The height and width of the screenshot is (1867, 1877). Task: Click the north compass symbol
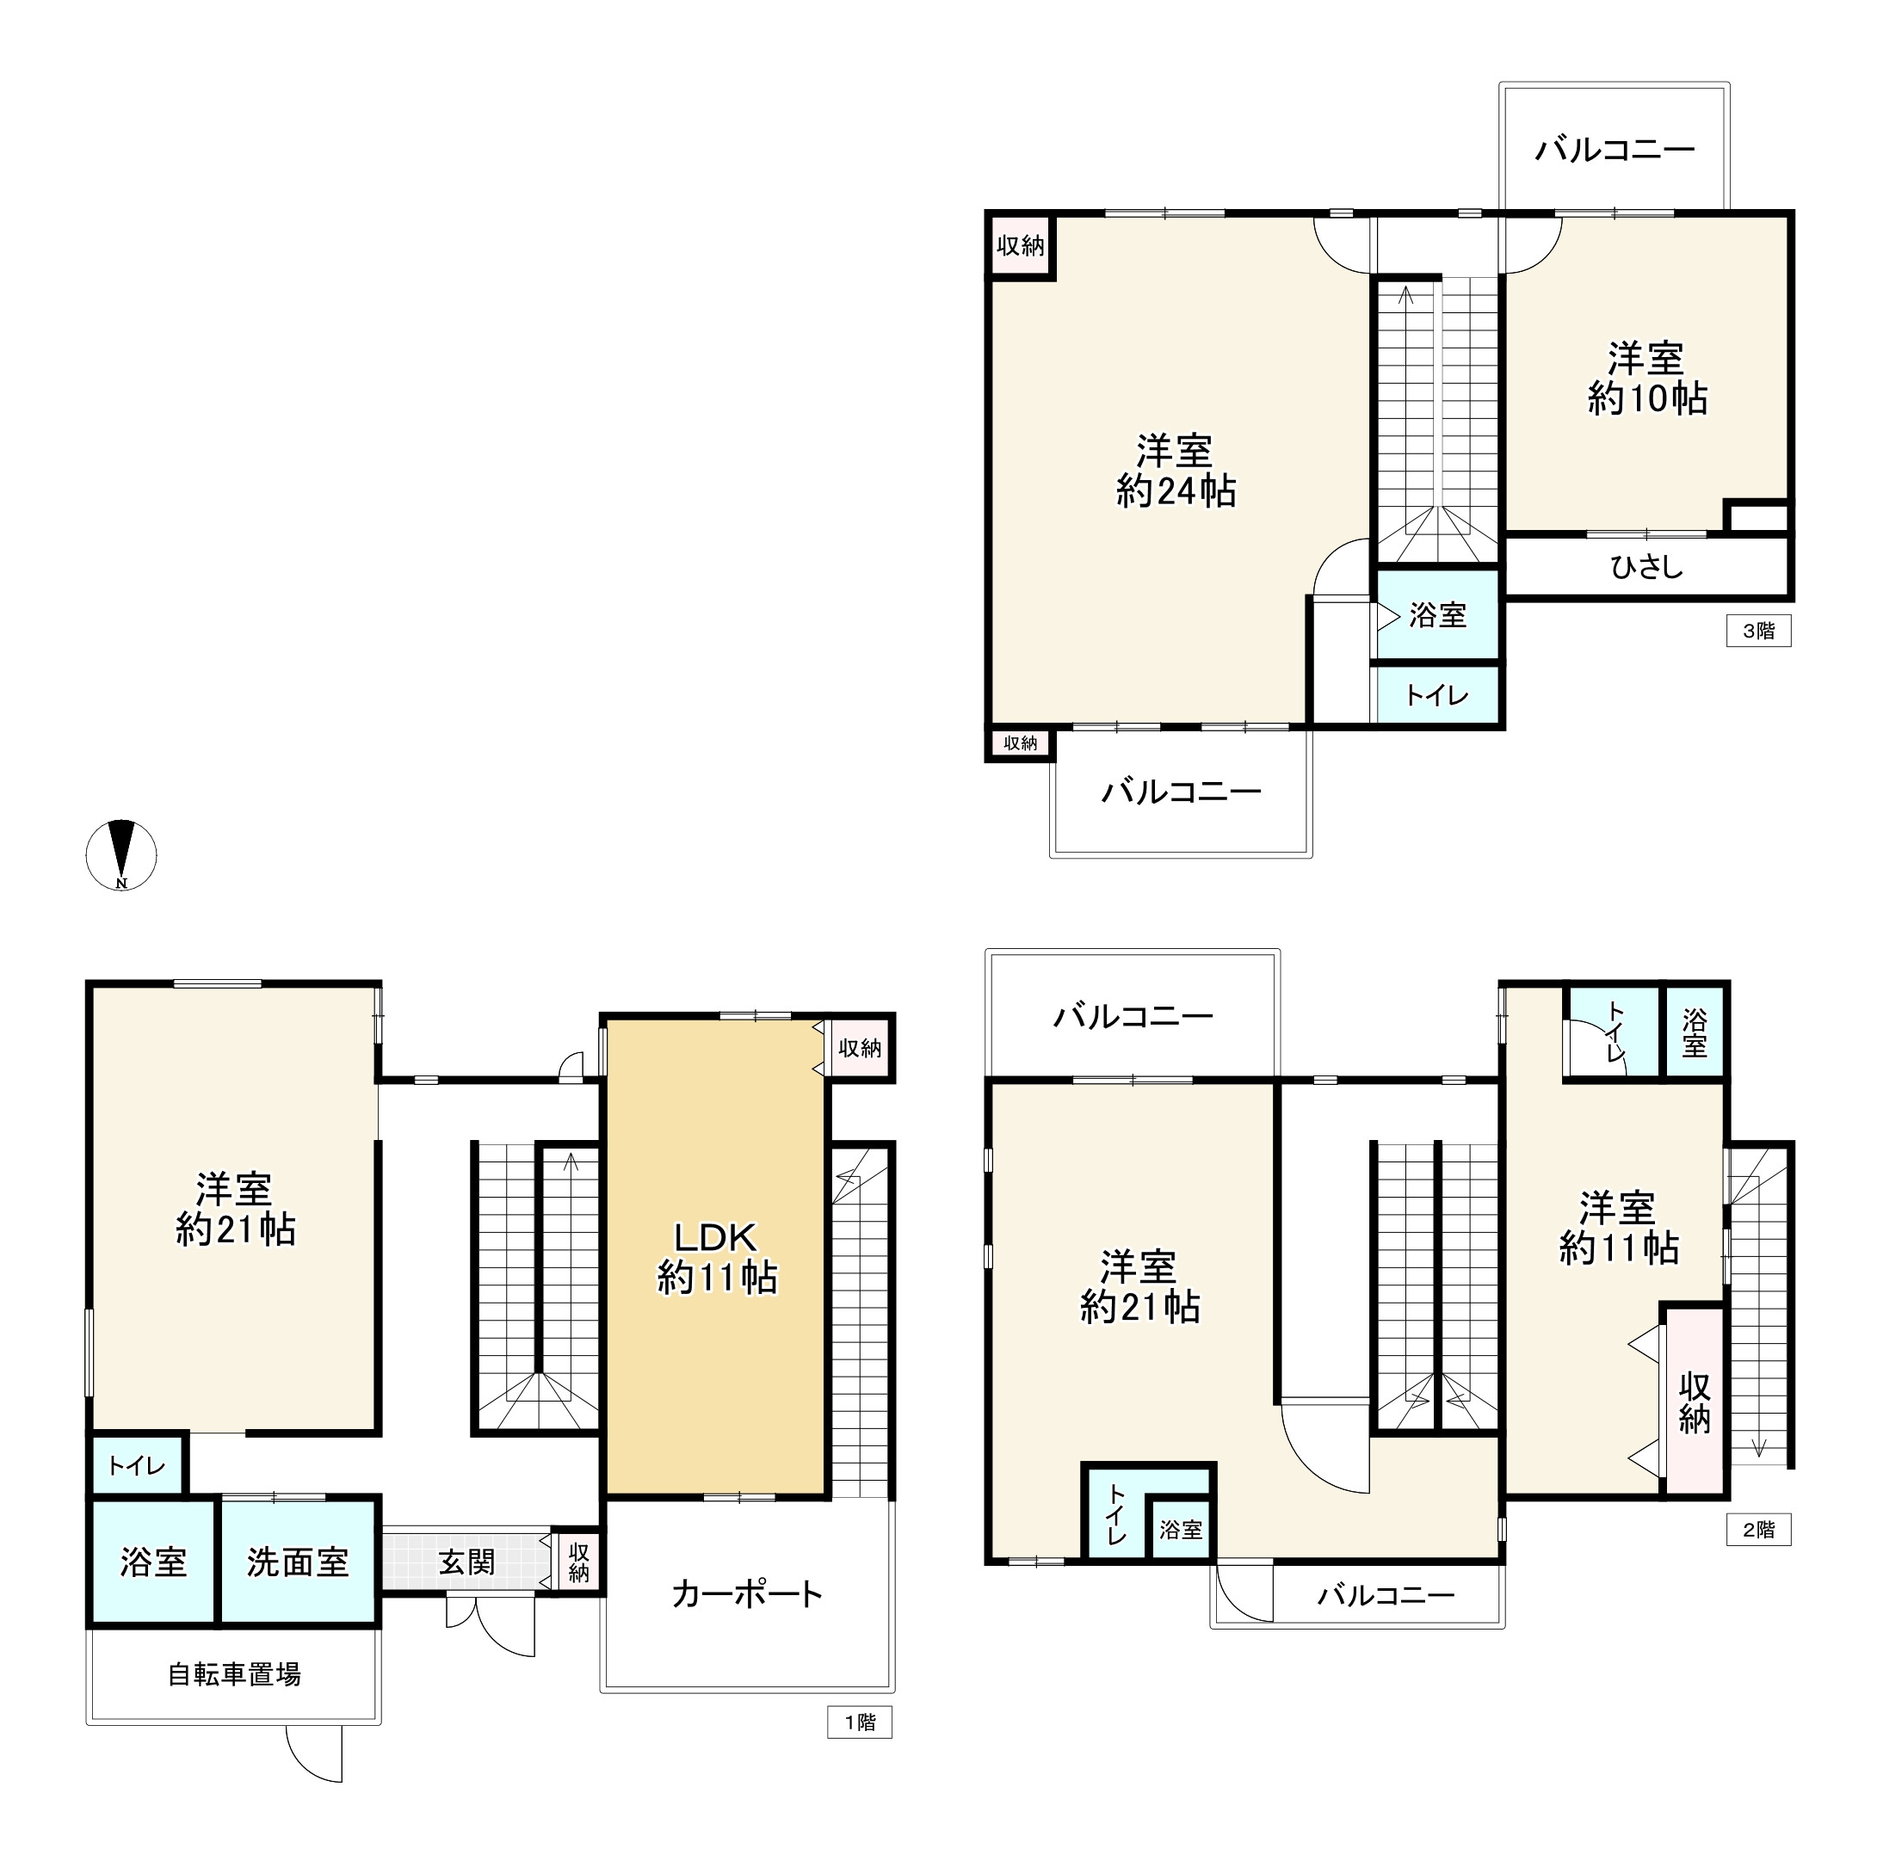121,855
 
